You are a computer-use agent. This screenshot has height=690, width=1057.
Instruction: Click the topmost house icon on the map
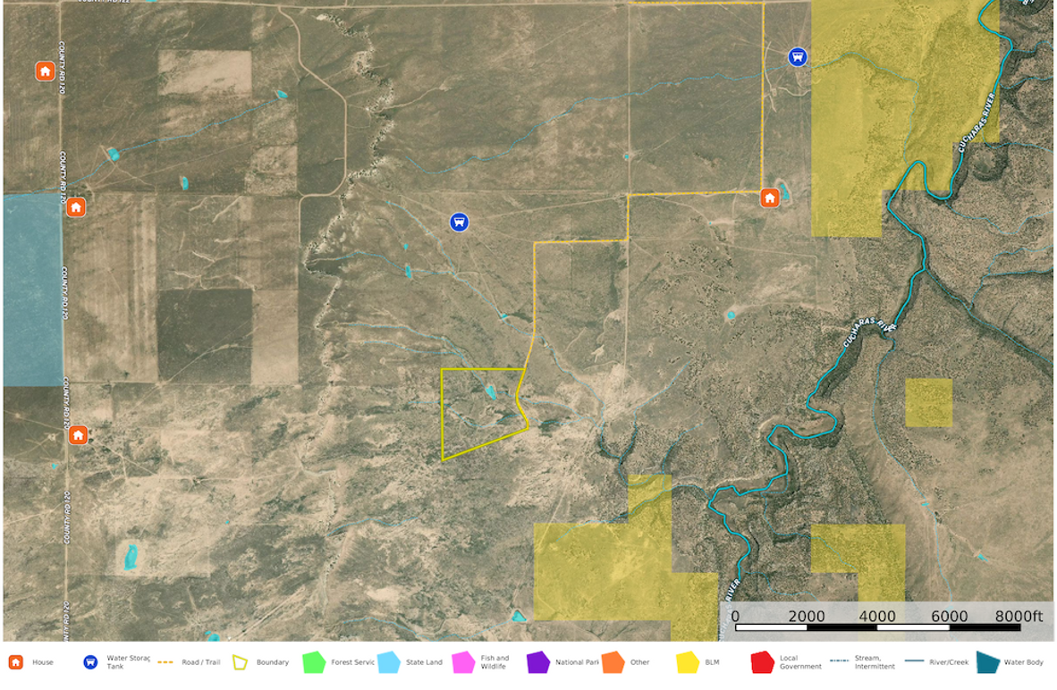(x=45, y=71)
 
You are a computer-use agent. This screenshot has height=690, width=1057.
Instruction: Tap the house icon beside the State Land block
(x=77, y=207)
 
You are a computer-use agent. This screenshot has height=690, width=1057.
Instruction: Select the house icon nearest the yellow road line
(x=769, y=198)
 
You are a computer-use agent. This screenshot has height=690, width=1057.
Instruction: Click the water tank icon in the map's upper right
(x=798, y=57)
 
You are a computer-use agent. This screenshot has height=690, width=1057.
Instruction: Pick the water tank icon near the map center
(x=459, y=222)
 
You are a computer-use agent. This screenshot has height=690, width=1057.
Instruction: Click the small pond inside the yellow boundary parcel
(x=490, y=391)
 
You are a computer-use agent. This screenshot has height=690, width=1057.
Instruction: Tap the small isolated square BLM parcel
(x=928, y=402)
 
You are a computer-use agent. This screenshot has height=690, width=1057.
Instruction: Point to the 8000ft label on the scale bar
(x=1019, y=616)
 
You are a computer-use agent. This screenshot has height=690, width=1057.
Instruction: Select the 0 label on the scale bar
(x=735, y=616)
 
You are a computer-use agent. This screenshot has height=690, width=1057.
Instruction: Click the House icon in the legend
(x=15, y=662)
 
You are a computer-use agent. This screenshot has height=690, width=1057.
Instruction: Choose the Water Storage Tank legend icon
(x=89, y=662)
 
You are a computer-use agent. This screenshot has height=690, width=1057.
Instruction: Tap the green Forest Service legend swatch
(x=313, y=662)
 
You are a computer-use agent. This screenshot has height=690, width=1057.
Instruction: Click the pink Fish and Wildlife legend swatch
(x=463, y=662)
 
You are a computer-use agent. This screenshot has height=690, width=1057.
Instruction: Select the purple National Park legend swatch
(x=538, y=662)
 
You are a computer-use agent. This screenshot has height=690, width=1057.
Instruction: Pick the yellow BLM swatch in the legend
(x=688, y=662)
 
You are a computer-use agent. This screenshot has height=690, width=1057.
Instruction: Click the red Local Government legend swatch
(x=762, y=662)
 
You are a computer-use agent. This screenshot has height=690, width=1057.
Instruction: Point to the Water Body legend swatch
(x=987, y=662)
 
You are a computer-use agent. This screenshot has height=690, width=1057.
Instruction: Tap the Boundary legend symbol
(x=240, y=662)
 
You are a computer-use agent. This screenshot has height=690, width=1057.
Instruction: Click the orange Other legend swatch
(x=613, y=662)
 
